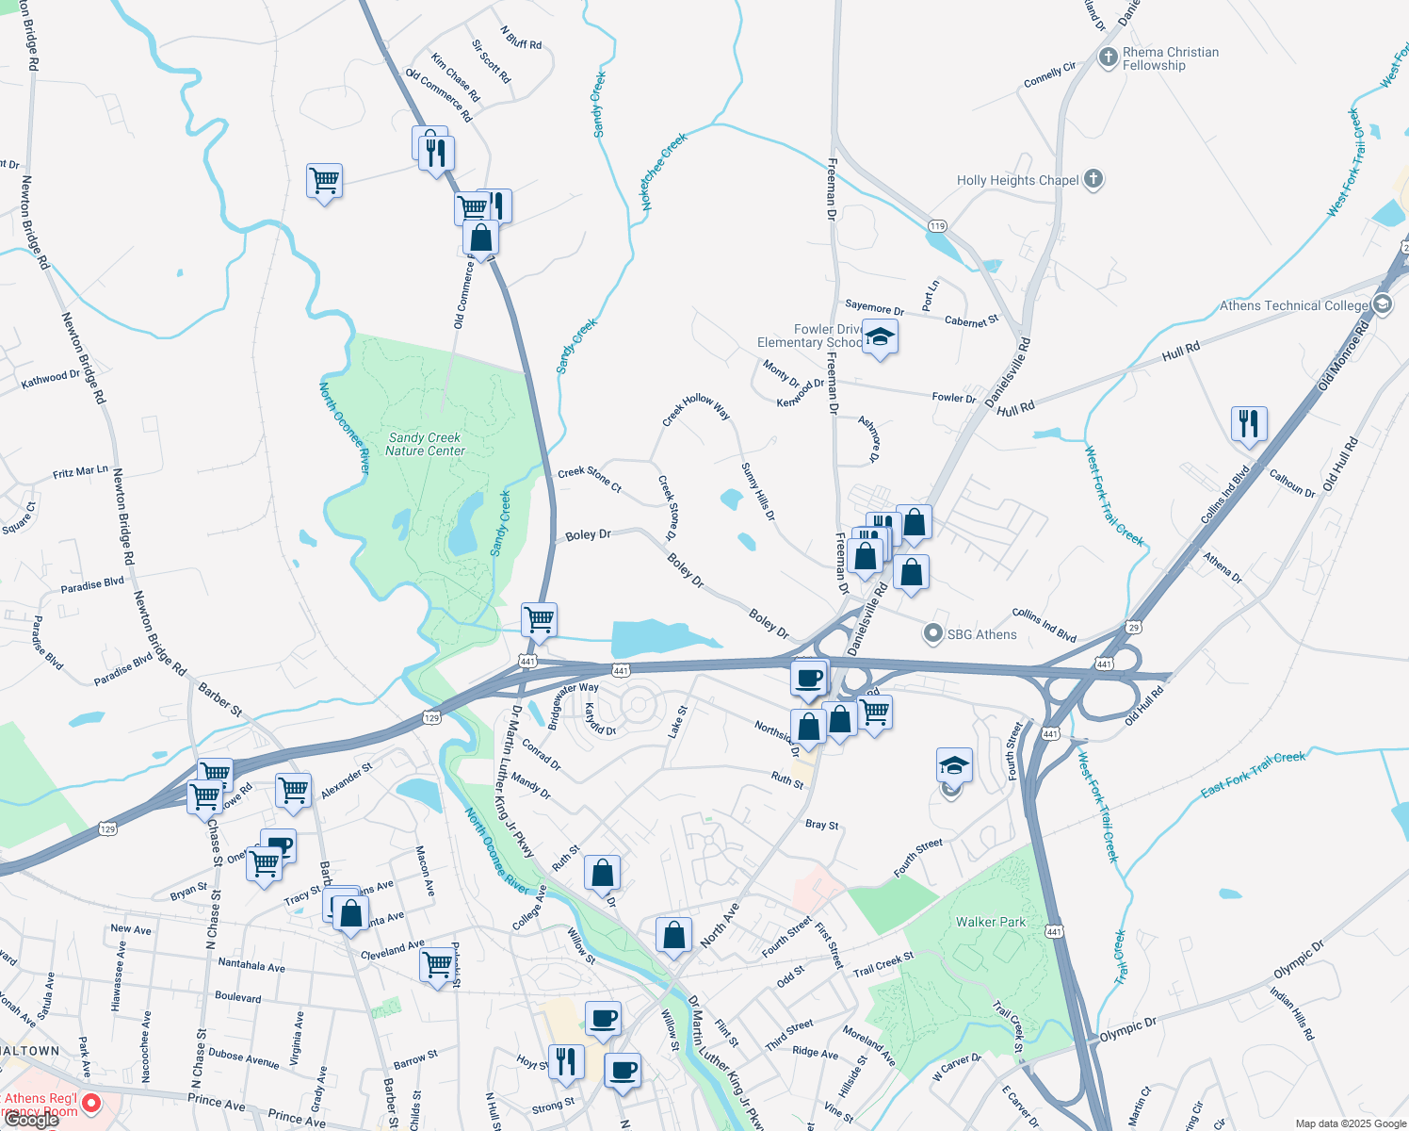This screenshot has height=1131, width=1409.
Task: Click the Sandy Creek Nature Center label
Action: pyautogui.click(x=425, y=444)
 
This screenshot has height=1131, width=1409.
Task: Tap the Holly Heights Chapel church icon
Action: pyautogui.click(x=1093, y=179)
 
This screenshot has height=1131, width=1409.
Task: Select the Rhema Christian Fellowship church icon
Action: pyautogui.click(x=1109, y=57)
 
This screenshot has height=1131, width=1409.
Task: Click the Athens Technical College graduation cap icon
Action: pyautogui.click(x=1383, y=303)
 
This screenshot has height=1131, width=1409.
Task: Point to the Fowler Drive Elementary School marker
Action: pyautogui.click(x=880, y=337)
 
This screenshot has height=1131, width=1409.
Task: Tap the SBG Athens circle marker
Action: pyautogui.click(x=932, y=634)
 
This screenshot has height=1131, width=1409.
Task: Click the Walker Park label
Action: pyautogui.click(x=991, y=922)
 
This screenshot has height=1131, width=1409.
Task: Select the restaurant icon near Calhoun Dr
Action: pyautogui.click(x=1249, y=424)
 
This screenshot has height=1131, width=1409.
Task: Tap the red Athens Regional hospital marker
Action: pyautogui.click(x=91, y=1103)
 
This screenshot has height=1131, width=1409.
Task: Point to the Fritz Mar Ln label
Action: pyautogui.click(x=80, y=471)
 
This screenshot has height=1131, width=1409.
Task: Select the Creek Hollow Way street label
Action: pyautogui.click(x=696, y=408)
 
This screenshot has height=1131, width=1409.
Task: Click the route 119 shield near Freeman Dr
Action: pyautogui.click(x=936, y=226)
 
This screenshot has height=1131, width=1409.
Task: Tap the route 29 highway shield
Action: pyautogui.click(x=1133, y=627)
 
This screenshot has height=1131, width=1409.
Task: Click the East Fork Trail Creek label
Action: pyautogui.click(x=1253, y=773)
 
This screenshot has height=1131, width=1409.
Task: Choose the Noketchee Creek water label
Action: pyautogui.click(x=664, y=171)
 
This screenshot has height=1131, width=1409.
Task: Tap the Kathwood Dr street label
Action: pyautogui.click(x=51, y=379)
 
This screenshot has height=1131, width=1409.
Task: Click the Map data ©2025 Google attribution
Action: pyautogui.click(x=1350, y=1123)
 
